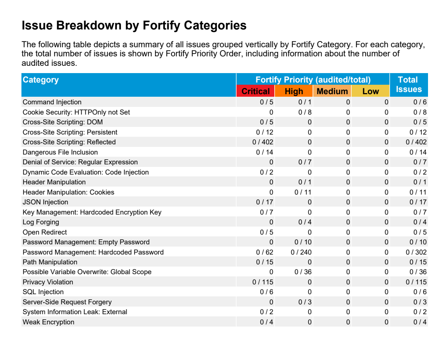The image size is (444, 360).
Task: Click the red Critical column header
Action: [x=255, y=91]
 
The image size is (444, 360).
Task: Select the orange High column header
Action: [x=294, y=91]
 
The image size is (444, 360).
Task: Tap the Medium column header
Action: [x=332, y=91]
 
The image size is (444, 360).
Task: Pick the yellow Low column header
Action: [x=370, y=91]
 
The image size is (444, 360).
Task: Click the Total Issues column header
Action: [x=409, y=84]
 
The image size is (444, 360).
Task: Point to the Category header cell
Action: [x=129, y=85]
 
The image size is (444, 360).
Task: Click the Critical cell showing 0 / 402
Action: [x=263, y=142]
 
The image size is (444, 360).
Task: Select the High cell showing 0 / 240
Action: [x=301, y=252]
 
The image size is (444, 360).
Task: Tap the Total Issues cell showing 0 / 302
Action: [x=416, y=252]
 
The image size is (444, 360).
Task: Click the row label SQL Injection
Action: [x=43, y=292]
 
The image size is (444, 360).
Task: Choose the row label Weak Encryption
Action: [x=48, y=322]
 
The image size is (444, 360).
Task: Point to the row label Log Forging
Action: [x=41, y=222]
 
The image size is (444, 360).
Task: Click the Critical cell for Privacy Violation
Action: [x=263, y=282]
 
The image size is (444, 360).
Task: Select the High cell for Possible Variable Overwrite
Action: [x=303, y=272]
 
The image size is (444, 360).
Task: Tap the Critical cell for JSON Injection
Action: [x=265, y=202]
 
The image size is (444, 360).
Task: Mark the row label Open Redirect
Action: [x=45, y=232]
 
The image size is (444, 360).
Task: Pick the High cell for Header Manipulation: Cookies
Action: [x=303, y=192]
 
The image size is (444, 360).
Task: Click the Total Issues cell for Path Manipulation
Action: [x=418, y=262]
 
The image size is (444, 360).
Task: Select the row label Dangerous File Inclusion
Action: [x=60, y=152]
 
